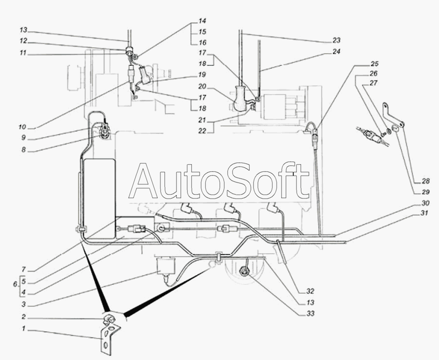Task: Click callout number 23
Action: (336, 40)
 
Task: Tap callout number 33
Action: (311, 314)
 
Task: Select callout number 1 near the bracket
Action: (24, 328)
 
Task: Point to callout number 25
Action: (374, 64)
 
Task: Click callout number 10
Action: (22, 127)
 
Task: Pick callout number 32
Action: (310, 291)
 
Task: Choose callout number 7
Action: (23, 270)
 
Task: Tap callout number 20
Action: (202, 87)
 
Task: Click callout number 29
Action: (425, 192)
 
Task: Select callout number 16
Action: (202, 42)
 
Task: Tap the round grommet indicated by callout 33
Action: (245, 271)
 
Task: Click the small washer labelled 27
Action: (389, 131)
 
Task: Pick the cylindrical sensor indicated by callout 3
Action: (165, 266)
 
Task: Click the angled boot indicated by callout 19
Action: (145, 74)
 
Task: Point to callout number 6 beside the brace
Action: (15, 284)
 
